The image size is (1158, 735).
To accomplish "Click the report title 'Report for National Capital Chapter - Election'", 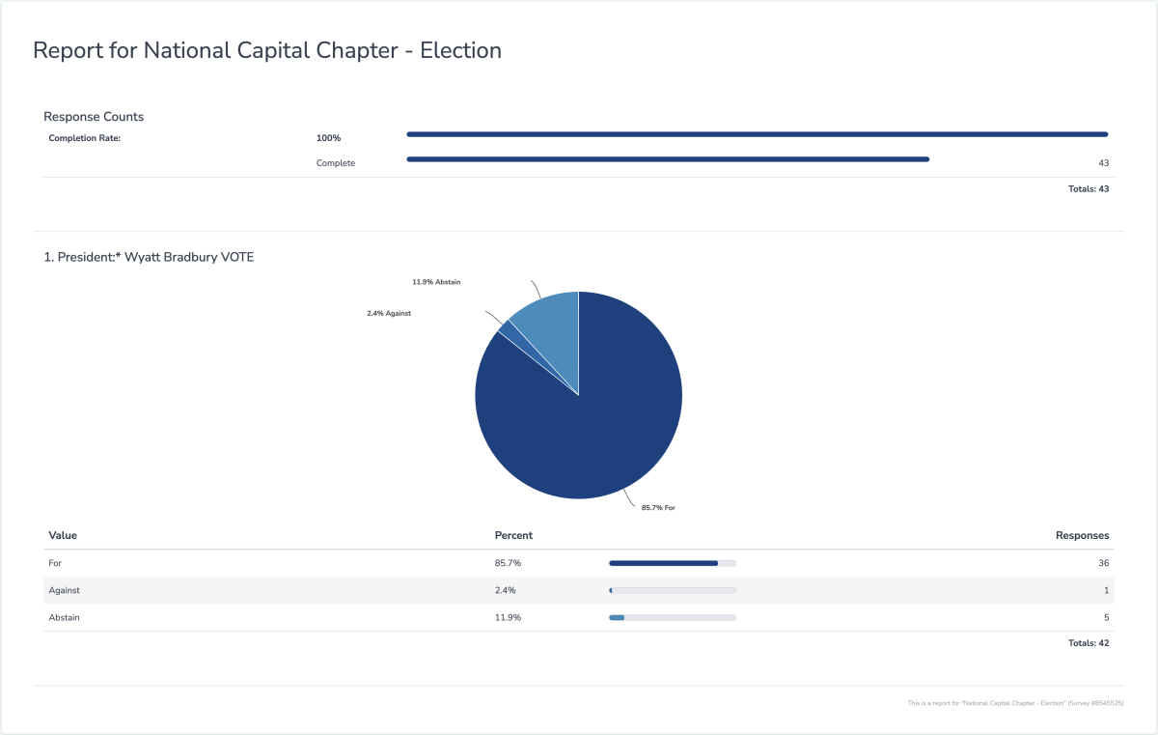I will tap(266, 51).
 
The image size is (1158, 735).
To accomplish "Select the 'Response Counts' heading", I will tap(94, 117).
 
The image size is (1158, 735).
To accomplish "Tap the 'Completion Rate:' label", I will tap(85, 138).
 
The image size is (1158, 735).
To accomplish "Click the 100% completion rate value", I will tap(328, 138).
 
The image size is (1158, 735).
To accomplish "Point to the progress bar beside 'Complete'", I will tap(668, 159).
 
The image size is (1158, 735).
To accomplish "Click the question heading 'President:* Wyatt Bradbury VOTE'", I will tap(149, 257).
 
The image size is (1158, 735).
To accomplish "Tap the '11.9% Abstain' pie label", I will tap(436, 282).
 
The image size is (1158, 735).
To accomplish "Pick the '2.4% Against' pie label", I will tap(389, 313).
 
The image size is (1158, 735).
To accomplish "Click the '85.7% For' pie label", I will tap(657, 507).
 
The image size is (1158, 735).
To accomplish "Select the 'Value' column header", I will tap(63, 535).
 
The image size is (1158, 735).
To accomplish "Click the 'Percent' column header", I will tap(513, 535).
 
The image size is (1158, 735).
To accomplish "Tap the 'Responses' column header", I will tap(1082, 535).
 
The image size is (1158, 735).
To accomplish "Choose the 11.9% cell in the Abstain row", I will tap(508, 617).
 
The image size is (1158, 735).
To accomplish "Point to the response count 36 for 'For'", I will tap(1103, 563).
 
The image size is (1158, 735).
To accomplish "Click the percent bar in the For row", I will tap(673, 563).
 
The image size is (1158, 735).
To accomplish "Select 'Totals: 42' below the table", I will tap(1089, 643).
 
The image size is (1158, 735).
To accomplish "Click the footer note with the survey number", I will tap(1016, 703).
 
